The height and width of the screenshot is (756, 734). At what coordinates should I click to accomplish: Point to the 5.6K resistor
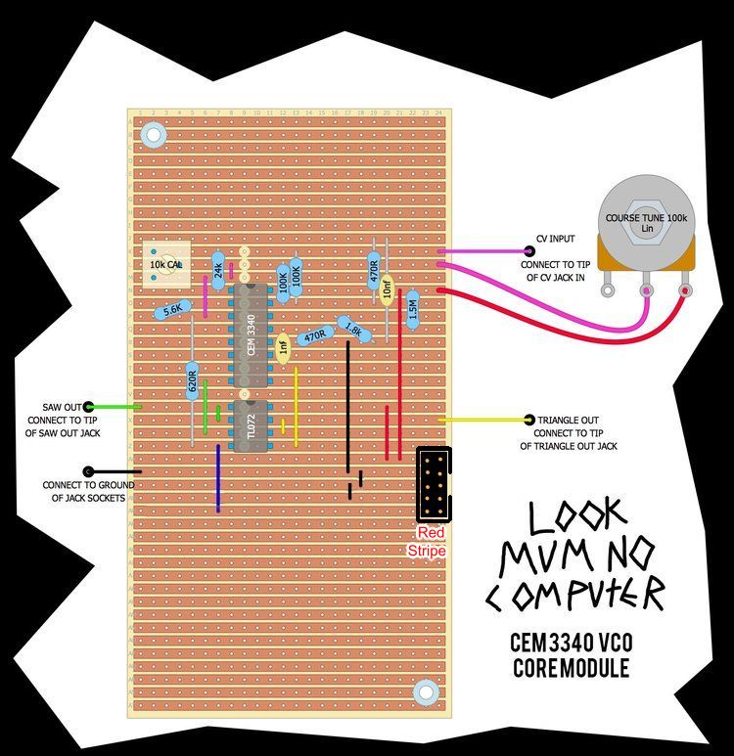pos(172,309)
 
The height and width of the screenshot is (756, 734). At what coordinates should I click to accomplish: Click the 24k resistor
pos(218,267)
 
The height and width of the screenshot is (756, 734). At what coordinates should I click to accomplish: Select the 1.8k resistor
pos(353,330)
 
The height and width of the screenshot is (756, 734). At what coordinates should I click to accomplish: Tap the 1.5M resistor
pos(412,308)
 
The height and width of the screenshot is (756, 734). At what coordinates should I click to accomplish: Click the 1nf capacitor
pos(283,347)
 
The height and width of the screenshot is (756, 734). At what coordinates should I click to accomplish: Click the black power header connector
pos(434,484)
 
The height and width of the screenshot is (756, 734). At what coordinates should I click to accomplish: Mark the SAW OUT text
pos(62,406)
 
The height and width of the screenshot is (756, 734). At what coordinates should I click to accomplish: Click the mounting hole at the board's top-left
pos(153,133)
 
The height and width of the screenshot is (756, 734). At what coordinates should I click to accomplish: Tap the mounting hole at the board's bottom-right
pos(425,691)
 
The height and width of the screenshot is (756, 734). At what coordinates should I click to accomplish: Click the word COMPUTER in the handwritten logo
pos(575,593)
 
